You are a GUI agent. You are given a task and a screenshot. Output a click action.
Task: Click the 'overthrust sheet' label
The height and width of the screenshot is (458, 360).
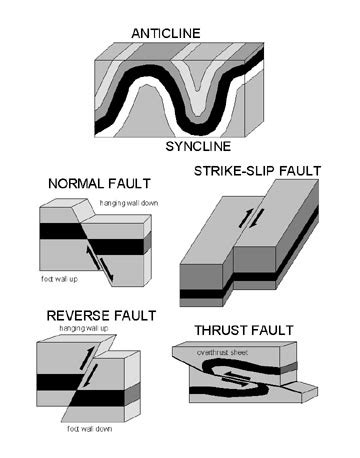click(228, 351)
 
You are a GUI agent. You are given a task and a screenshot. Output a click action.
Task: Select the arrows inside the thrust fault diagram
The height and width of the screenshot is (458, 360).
click(241, 376)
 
